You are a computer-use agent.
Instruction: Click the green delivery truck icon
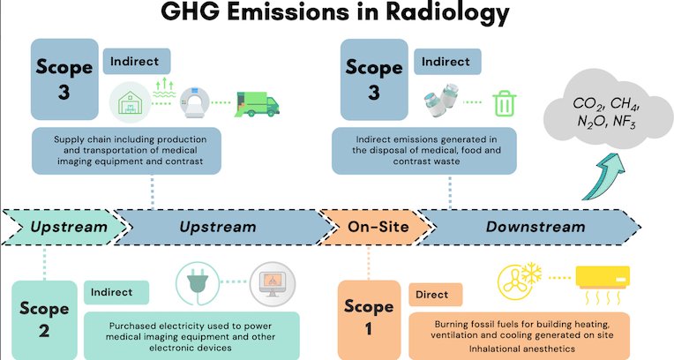tap(257, 104)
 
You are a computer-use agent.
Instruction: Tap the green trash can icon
tap(505, 103)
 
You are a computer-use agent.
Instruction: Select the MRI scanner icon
tap(194, 102)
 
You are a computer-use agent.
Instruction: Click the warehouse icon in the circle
tap(130, 102)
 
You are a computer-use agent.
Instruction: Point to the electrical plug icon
tap(198, 283)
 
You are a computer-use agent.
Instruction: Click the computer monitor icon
tap(273, 284)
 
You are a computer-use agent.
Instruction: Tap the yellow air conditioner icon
tap(603, 285)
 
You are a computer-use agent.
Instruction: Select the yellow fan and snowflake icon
tap(519, 281)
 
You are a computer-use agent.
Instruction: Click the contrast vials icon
tap(441, 101)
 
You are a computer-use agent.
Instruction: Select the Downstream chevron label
tap(535, 227)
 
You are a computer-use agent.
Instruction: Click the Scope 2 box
tap(44, 319)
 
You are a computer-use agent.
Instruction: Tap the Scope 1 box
tap(369, 319)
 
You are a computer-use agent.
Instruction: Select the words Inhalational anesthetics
tap(522, 349)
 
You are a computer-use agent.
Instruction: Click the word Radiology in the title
tap(447, 13)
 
